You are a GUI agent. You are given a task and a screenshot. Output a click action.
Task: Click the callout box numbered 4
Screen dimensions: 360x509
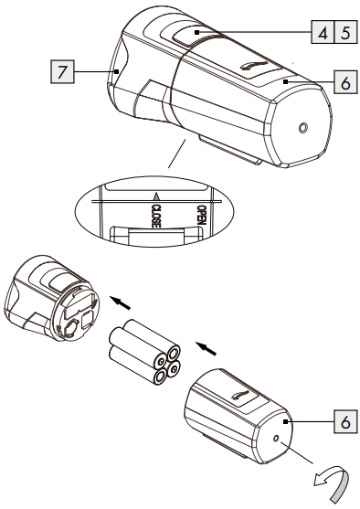click(323, 32)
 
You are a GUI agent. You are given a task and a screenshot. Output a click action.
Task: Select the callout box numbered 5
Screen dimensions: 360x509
click(345, 32)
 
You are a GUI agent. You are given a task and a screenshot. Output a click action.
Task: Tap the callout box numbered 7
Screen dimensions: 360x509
click(62, 71)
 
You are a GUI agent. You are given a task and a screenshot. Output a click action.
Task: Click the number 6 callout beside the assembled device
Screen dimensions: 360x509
click(345, 82)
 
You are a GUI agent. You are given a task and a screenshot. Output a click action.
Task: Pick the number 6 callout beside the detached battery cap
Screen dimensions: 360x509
click(345, 421)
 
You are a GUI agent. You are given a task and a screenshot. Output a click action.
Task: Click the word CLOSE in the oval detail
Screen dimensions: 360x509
click(156, 216)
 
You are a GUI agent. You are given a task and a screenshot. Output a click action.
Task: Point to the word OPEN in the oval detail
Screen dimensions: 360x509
click(202, 215)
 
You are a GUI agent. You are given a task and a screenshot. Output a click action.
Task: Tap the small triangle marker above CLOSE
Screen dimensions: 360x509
click(156, 196)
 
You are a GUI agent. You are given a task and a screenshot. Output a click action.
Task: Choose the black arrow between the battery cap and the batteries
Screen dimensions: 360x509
click(206, 348)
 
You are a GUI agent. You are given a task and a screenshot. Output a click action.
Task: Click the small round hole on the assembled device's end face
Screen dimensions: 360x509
click(303, 128)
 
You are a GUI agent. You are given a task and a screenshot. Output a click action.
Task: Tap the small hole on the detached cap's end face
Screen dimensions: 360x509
click(276, 439)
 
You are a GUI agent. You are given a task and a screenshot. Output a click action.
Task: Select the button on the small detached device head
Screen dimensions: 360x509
click(60, 281)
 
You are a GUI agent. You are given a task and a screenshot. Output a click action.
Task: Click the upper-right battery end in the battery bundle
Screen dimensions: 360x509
click(174, 352)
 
